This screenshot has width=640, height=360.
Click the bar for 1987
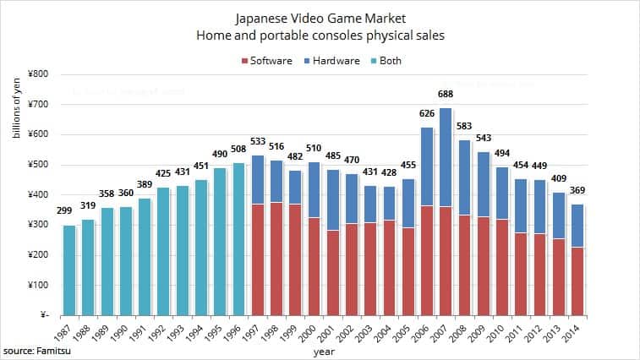69,270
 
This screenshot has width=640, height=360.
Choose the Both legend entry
385,61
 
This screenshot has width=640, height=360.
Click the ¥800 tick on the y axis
35,74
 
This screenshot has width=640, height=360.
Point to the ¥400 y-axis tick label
35,195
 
